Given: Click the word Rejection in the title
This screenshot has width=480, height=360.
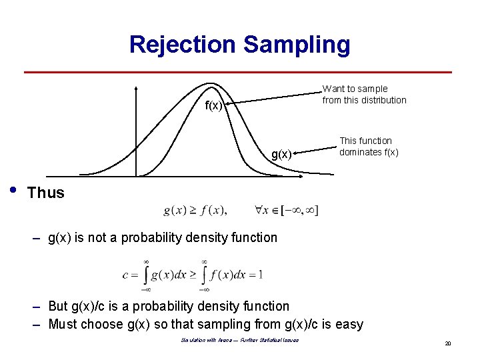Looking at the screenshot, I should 183,44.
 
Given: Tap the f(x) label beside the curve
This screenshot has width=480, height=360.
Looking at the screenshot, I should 213,106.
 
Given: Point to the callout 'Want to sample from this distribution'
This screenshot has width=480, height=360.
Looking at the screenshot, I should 364,94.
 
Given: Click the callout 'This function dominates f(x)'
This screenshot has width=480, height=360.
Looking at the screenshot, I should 369,146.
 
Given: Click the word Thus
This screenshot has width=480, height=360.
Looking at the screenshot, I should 46,193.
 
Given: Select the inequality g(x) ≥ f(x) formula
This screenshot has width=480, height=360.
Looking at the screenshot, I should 195,211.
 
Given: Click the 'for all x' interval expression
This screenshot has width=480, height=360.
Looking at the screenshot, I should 286,211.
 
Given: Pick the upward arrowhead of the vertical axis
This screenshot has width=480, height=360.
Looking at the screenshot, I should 135,87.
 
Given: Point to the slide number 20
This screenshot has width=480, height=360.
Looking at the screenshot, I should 449,343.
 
